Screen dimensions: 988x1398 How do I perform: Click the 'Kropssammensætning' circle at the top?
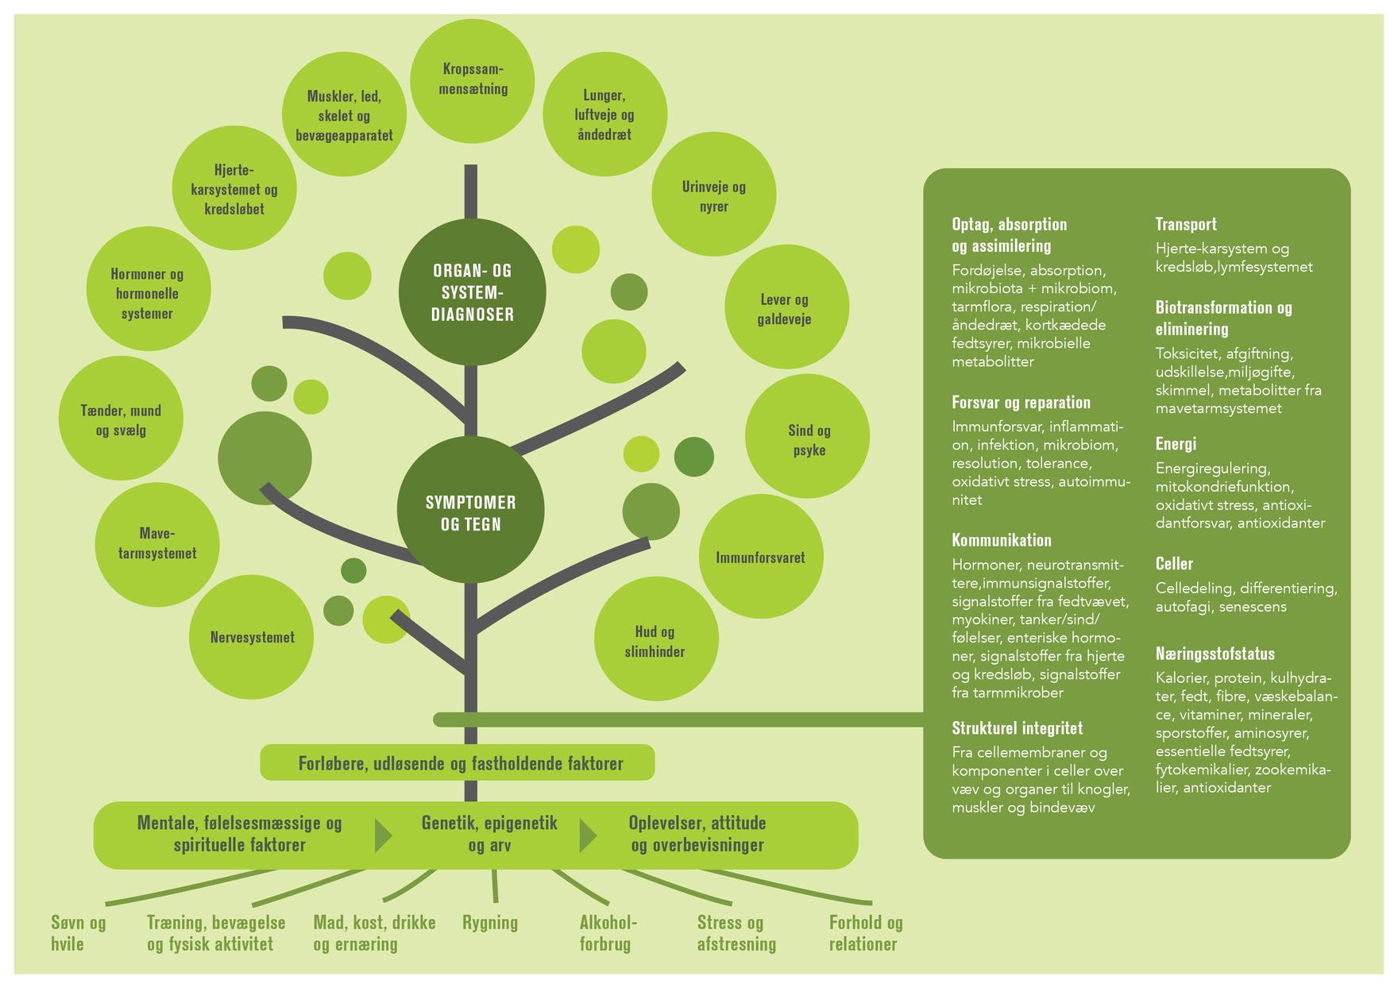(473, 79)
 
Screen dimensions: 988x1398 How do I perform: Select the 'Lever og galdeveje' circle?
(785, 308)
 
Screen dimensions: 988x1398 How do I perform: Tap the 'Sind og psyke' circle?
(808, 439)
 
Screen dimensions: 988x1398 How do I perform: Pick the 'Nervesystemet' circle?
(252, 637)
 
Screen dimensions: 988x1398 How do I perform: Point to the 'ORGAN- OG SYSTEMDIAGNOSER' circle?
(472, 292)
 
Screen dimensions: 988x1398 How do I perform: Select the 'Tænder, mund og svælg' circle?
(121, 419)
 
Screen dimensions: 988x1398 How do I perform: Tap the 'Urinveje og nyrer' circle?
(713, 195)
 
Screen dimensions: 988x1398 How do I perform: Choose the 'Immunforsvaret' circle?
(760, 557)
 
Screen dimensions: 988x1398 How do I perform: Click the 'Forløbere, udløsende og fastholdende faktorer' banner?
(459, 763)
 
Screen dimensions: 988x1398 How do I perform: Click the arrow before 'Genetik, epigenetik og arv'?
(384, 835)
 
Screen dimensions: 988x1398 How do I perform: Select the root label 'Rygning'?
(490, 923)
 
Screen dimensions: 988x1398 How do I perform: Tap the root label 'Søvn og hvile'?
(78, 932)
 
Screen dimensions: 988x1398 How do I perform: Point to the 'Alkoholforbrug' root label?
(608, 932)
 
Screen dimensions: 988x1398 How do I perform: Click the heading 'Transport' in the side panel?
(1185, 224)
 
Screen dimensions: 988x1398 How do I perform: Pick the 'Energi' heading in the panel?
(1175, 443)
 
